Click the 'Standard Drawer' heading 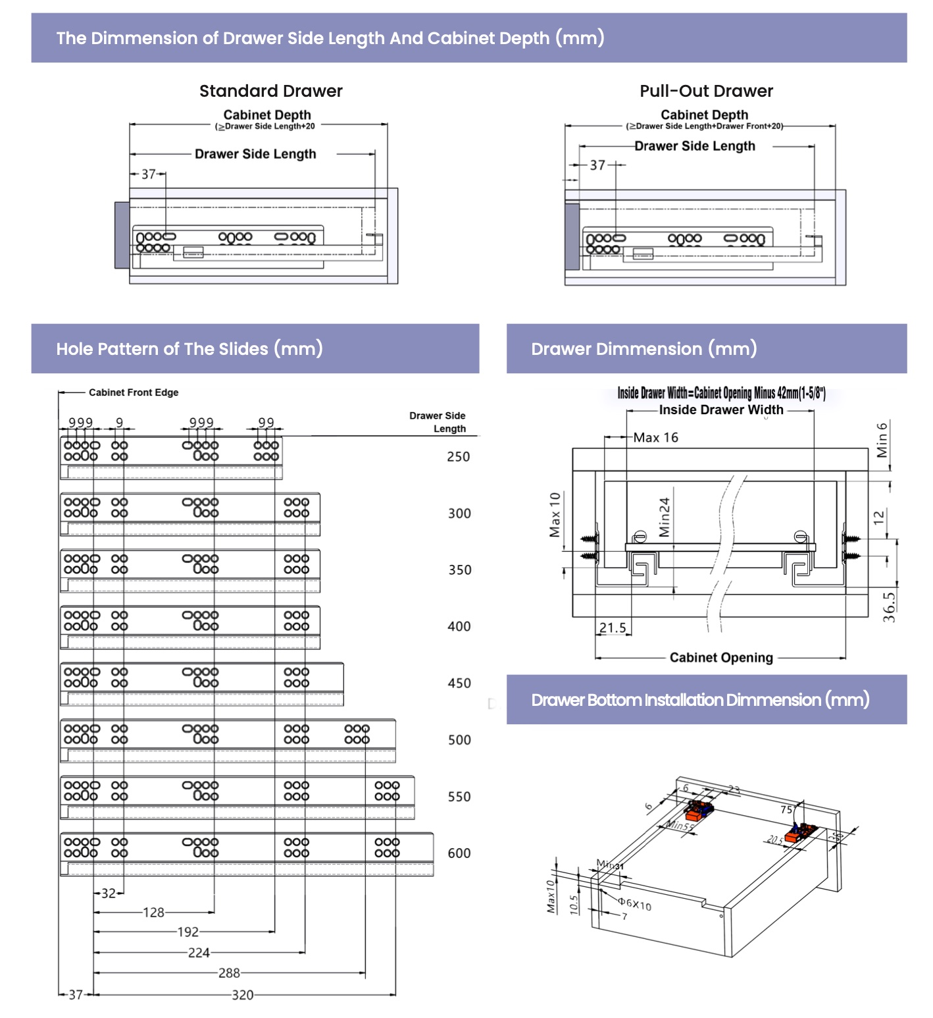pos(270,91)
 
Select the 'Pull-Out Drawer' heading pos(706,91)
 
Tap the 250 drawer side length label pos(458,456)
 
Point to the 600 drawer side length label pos(459,853)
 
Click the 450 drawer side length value pos(459,683)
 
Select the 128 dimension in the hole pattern pos(153,913)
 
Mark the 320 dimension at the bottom pos(242,995)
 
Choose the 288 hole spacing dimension pos(229,973)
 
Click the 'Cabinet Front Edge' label pos(134,392)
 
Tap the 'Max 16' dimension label pos(655,438)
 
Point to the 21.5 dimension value pos(613,628)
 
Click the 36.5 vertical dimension pos(889,606)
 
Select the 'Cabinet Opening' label pos(721,657)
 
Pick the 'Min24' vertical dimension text pos(664,517)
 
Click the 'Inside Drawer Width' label pos(721,410)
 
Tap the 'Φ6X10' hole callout pos(634,904)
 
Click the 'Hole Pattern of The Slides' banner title pos(189,348)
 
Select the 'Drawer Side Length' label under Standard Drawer pos(255,154)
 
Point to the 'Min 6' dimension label pos(882,439)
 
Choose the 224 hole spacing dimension pos(199,953)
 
